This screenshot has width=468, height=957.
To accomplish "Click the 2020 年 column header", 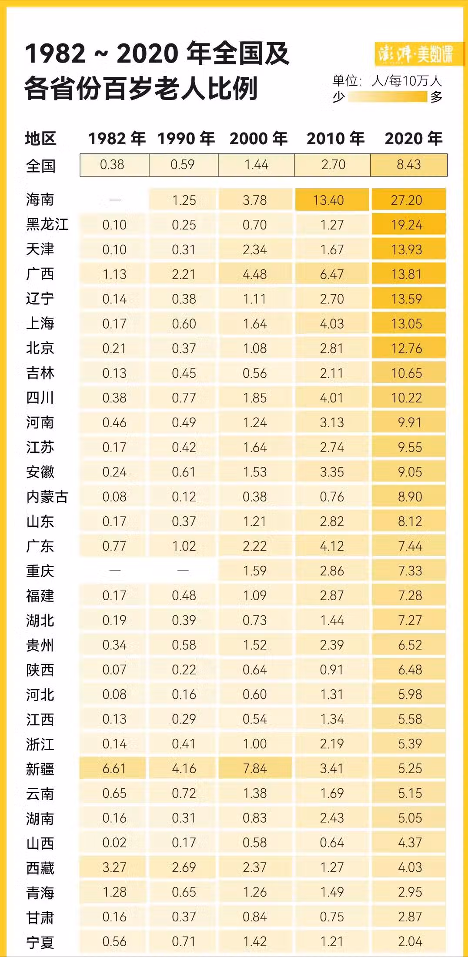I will tap(413, 139).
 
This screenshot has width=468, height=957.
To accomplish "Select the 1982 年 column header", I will tap(117, 139).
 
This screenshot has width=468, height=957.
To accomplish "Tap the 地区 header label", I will tap(40, 139).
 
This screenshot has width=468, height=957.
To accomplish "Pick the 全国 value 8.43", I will tap(408, 165).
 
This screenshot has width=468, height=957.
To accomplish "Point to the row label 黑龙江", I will tap(47, 225).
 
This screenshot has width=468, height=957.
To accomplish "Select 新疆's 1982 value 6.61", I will tap(114, 768).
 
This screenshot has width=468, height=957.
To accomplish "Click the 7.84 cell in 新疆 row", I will tap(255, 768).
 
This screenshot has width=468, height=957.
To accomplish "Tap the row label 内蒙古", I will tap(47, 497).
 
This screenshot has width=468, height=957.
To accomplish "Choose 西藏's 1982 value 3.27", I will tap(114, 867).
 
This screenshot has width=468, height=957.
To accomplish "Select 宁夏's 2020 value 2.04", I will tap(410, 941).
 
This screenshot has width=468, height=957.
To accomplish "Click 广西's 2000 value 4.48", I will tap(255, 274).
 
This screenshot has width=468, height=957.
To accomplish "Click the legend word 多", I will tap(436, 96).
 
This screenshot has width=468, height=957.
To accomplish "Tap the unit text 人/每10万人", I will tap(407, 81).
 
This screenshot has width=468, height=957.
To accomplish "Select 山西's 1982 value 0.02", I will tap(114, 842).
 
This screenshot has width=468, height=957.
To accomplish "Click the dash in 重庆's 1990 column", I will tap(184, 571).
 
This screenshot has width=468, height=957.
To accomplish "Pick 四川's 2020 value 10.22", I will tap(407, 398).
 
